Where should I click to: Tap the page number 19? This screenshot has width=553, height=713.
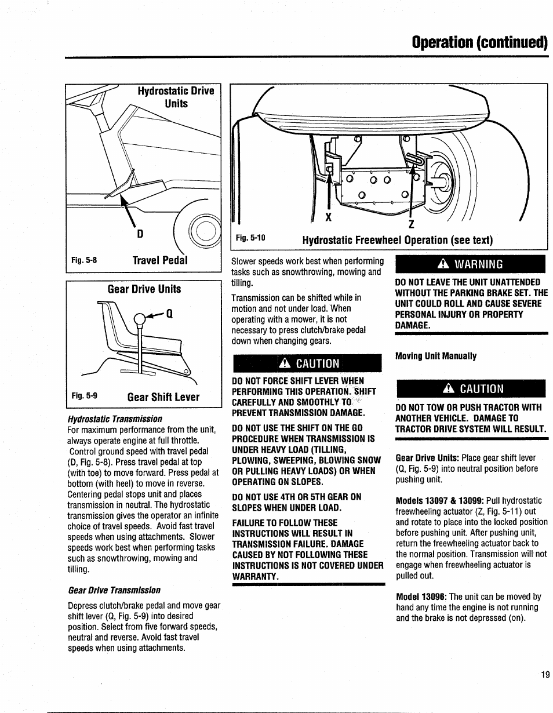pos(544,674)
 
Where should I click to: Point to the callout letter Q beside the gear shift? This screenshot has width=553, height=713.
pos(170,314)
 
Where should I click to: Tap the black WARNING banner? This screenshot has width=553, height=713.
pos(470,265)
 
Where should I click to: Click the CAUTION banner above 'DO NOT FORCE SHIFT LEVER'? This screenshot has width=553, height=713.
pos(307,363)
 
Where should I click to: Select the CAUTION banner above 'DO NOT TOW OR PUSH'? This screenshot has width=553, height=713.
pos(470,388)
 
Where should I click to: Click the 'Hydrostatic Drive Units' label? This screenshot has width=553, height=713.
pos(176,97)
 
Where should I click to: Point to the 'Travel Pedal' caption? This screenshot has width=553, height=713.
pos(160,260)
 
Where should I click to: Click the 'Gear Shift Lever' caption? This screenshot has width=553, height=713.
pos(163,397)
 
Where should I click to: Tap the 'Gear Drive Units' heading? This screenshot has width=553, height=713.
pos(144,289)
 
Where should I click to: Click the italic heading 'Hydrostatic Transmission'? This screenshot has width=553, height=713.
pos(115,419)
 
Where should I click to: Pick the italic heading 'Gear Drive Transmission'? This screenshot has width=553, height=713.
pos(114,590)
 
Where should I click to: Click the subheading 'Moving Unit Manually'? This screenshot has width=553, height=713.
pos(436,356)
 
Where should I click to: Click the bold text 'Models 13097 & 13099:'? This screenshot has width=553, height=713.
pos(439,500)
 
